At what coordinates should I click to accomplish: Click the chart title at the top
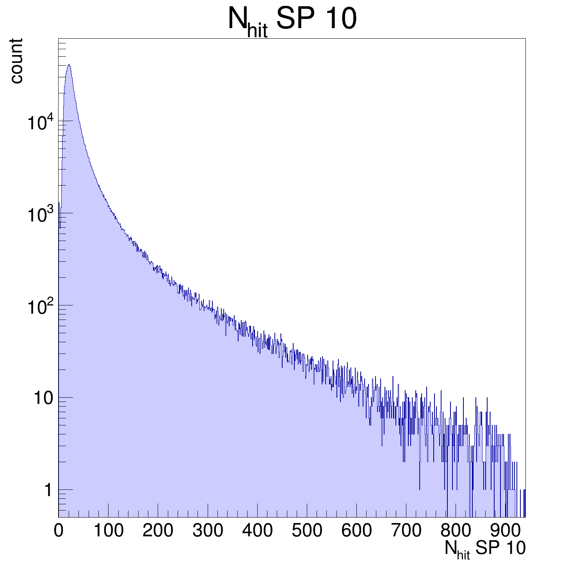pyautogui.click(x=292, y=20)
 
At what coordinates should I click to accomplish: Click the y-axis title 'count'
pyautogui.click(x=16, y=61)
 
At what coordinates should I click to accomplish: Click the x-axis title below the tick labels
pyautogui.click(x=485, y=549)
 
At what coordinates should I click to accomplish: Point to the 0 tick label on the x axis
pyautogui.click(x=59, y=531)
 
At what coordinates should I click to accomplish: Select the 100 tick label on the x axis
pyautogui.click(x=109, y=531)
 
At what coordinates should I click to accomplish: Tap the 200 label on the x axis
pyautogui.click(x=158, y=531)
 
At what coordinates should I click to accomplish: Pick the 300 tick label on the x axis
pyautogui.click(x=208, y=531)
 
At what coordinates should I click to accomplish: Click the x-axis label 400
pyautogui.click(x=257, y=531)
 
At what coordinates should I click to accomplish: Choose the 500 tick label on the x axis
pyautogui.click(x=307, y=531)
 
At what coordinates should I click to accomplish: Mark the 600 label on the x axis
pyautogui.click(x=356, y=531)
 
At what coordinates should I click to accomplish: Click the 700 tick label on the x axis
pyautogui.click(x=406, y=531)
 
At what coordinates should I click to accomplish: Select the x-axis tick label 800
pyautogui.click(x=456, y=531)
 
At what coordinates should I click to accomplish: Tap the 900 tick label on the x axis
pyautogui.click(x=505, y=531)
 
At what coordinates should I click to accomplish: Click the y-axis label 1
pyautogui.click(x=48, y=490)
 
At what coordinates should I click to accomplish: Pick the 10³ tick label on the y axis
pyautogui.click(x=39, y=215)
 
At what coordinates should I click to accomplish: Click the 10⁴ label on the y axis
pyautogui.click(x=39, y=123)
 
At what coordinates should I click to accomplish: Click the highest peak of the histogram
pyautogui.click(x=69, y=65)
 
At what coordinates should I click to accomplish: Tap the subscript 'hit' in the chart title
pyautogui.click(x=257, y=31)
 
